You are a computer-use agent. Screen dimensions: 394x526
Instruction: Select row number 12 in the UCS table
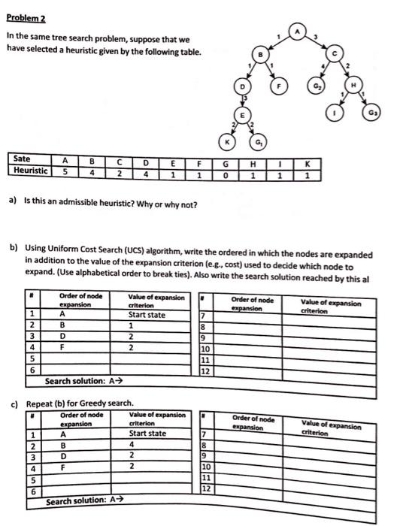pos(205,370)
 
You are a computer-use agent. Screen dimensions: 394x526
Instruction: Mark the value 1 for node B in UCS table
pos(132,326)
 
